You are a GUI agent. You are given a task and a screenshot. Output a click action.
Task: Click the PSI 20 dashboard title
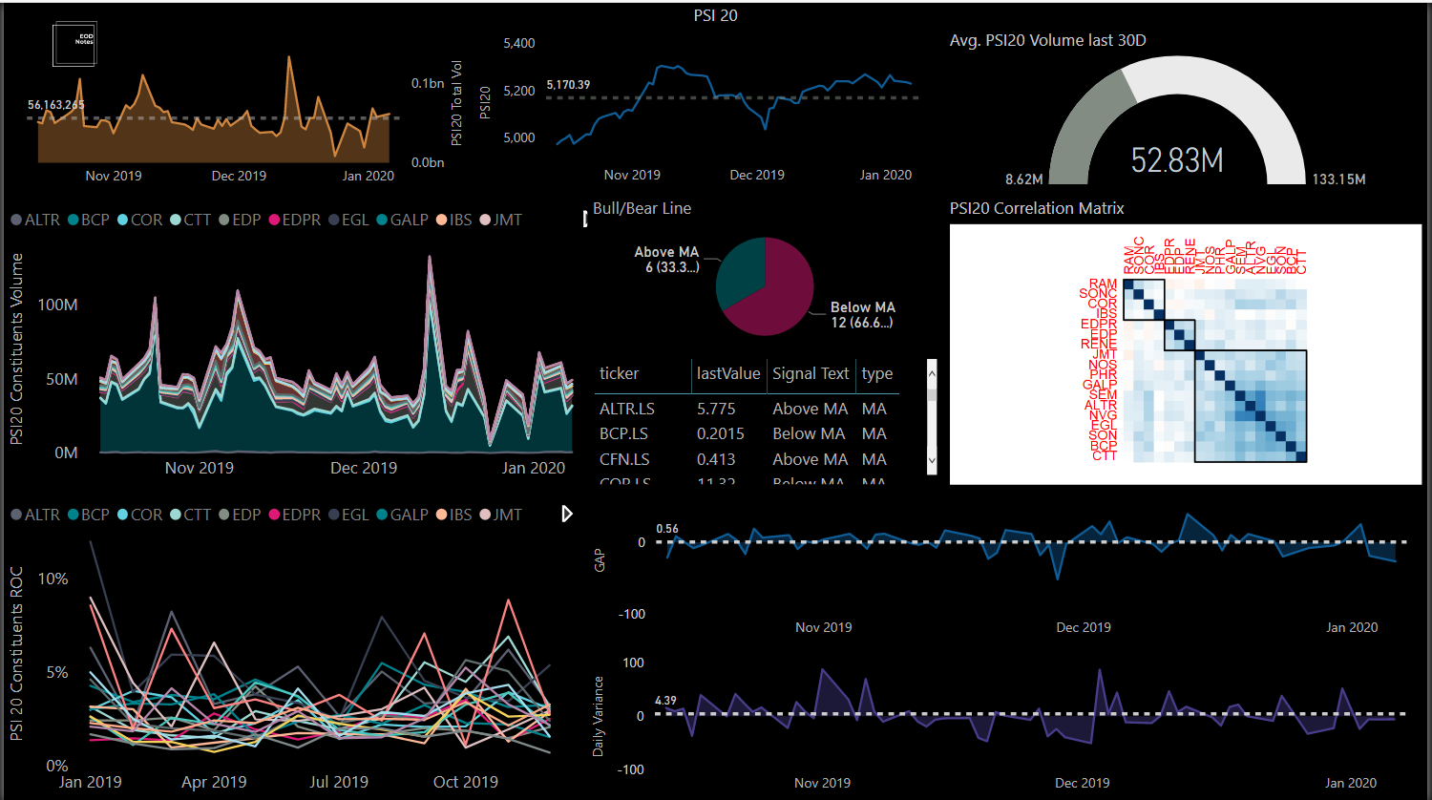(x=715, y=15)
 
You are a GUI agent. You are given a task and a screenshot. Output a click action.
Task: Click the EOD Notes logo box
(x=74, y=45)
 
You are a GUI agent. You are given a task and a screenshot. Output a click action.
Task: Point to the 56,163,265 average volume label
(x=56, y=105)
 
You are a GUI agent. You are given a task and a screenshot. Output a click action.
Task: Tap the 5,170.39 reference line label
(x=568, y=85)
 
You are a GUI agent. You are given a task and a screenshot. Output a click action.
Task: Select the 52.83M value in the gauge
(x=1176, y=160)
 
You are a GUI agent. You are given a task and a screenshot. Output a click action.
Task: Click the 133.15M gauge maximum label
(x=1338, y=179)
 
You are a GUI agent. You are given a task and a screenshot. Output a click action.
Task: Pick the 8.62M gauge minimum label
(x=1023, y=179)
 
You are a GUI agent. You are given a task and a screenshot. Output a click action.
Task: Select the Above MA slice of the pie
(x=737, y=272)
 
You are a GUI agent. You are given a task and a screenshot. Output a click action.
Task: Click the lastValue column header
(x=727, y=374)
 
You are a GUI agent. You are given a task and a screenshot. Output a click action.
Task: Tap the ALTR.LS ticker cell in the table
(x=627, y=409)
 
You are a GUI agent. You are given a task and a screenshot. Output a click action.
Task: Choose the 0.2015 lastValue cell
(x=721, y=433)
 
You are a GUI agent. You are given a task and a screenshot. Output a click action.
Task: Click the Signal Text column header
(x=811, y=374)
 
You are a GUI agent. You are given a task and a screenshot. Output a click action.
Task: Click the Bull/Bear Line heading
(x=642, y=208)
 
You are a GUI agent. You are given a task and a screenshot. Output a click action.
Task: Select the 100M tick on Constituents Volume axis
(x=57, y=305)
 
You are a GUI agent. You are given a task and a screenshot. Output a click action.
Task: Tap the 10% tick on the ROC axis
(x=53, y=579)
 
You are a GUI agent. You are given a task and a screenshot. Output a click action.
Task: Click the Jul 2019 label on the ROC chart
(x=339, y=782)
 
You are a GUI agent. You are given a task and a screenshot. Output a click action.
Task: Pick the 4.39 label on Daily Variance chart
(x=665, y=701)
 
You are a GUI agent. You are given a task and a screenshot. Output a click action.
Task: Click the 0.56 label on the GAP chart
(x=667, y=529)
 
